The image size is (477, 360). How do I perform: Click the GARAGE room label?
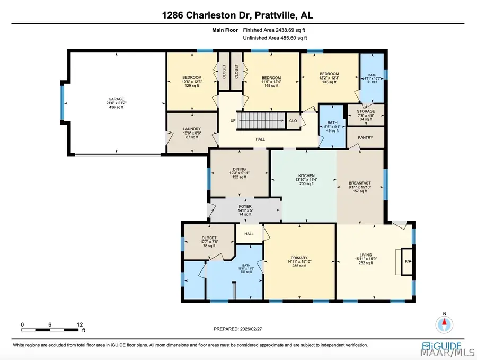click(x=116, y=99)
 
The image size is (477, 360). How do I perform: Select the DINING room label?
click(x=238, y=169)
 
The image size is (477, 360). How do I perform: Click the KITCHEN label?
click(x=306, y=175)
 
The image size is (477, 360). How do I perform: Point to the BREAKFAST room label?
click(x=359, y=183)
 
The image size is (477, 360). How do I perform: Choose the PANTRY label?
click(x=365, y=137)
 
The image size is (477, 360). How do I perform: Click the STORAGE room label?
click(x=366, y=111)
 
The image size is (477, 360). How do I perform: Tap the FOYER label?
click(x=245, y=206)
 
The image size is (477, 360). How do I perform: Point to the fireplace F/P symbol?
click(x=407, y=261)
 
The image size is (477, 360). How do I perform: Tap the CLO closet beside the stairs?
click(x=293, y=120)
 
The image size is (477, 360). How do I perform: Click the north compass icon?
click(x=444, y=323)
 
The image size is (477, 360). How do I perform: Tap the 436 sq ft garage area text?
click(x=116, y=107)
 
